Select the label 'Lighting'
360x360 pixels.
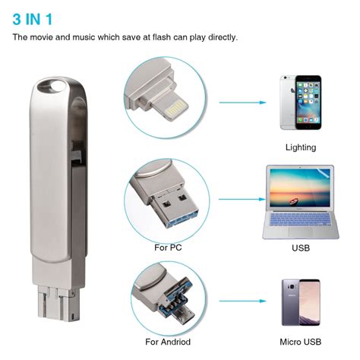300,147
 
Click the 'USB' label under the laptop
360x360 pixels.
300,248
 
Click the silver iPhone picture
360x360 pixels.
299,103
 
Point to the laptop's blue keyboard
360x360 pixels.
300,221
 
